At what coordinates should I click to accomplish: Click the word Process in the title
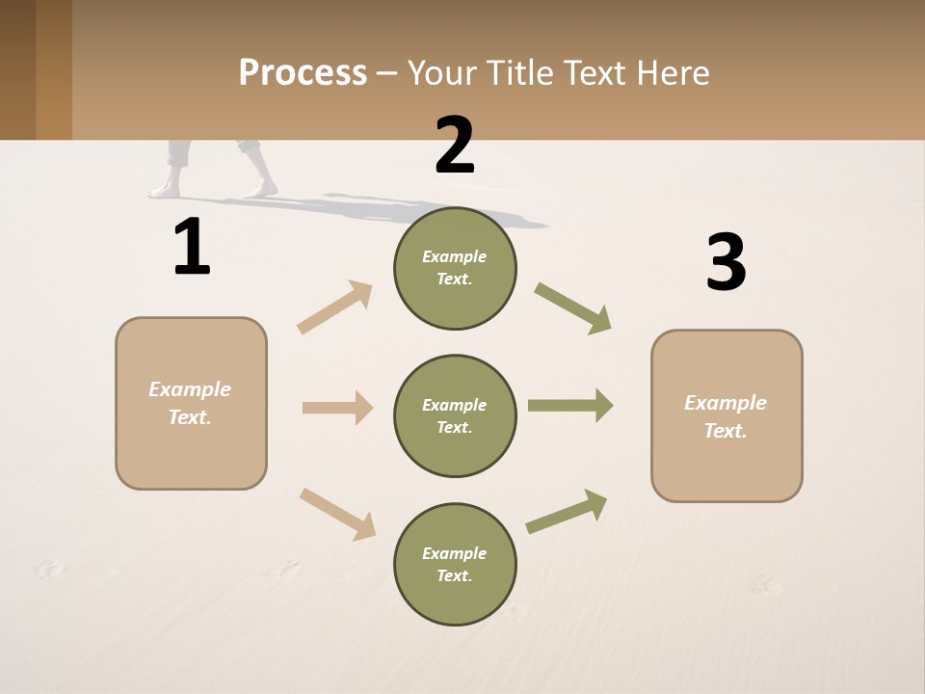coord(303,73)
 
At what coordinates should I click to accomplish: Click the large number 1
coord(192,248)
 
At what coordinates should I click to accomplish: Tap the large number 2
coord(455,146)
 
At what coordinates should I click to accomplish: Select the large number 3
coord(726,262)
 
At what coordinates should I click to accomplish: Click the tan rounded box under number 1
coord(191,403)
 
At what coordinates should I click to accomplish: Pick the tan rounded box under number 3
coord(727,416)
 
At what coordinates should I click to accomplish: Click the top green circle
coord(455,268)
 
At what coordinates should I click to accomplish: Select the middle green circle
coord(455,416)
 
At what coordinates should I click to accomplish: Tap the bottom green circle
coord(455,565)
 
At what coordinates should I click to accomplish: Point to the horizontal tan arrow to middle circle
coord(337,408)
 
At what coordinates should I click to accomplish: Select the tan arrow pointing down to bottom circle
coord(337,514)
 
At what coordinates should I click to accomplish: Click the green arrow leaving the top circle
coord(573,308)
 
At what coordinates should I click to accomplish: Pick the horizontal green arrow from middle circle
coord(570,406)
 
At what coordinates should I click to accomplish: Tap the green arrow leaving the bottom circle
coord(567,512)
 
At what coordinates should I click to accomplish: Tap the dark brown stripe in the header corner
coord(17,69)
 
